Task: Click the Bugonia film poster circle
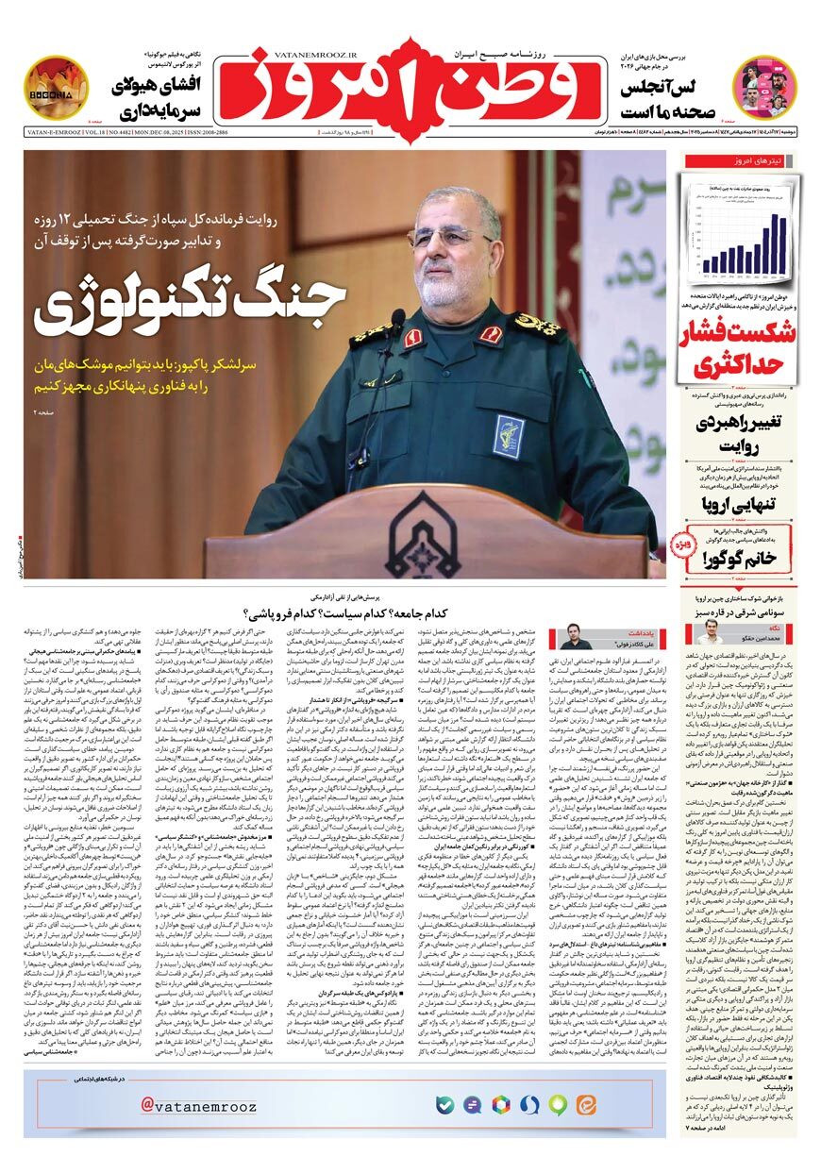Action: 56,87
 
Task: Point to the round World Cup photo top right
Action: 764,86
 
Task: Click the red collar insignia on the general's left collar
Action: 491,334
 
